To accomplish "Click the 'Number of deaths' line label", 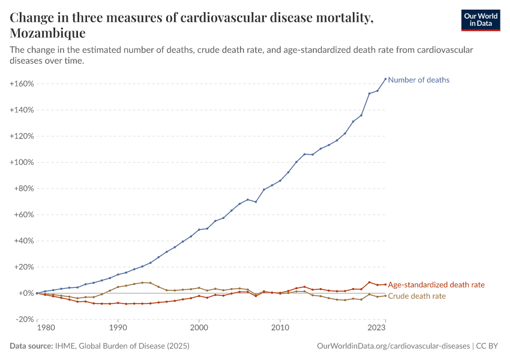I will (418, 80).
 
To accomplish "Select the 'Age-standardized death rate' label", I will (436, 285).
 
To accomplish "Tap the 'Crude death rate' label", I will (417, 296).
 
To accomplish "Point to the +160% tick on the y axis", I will (22, 83).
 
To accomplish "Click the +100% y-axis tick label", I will (22, 162).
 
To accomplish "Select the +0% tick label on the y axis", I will (25, 293).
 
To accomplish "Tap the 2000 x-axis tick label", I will (199, 328).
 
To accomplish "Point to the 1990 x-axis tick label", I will (118, 328).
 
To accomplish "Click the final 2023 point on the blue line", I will (385, 79).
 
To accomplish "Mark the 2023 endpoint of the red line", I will (385, 284).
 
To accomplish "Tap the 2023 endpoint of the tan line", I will (385, 296).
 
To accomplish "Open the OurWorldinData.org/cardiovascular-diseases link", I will (392, 346).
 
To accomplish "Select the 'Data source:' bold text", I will (32, 346).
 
